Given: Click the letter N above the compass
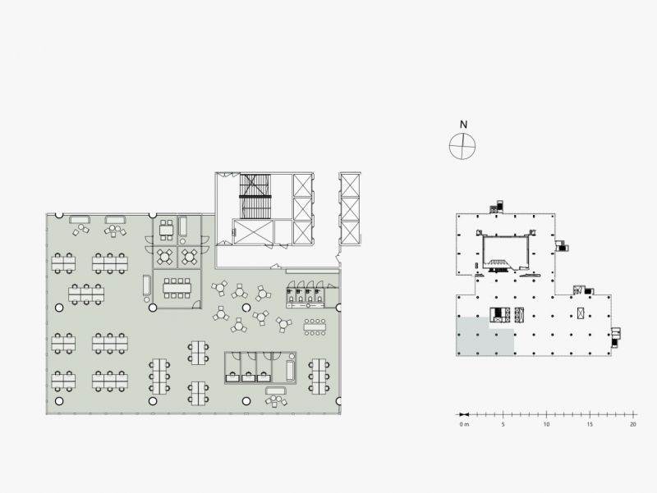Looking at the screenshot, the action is tap(463, 125).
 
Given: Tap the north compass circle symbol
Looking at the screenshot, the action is tap(462, 147).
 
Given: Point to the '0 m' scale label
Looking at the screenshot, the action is tap(464, 424).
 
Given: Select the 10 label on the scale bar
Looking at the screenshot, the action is tap(546, 424).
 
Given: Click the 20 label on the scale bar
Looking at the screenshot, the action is tap(633, 424).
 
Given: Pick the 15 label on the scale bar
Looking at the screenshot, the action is tap(590, 424).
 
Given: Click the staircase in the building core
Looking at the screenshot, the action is tap(255, 196).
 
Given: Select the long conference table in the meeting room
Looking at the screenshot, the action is tap(177, 289).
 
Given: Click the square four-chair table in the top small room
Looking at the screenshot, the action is tap(167, 231).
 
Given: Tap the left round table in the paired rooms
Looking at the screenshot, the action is tap(165, 258).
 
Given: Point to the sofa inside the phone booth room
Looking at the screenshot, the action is tap(290, 371).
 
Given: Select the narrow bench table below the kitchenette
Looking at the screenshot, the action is tap(315, 326).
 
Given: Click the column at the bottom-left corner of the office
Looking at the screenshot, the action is tap(59, 401).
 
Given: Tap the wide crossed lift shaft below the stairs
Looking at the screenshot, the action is tap(253, 231).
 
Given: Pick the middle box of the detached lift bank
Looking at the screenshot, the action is tap(350, 208).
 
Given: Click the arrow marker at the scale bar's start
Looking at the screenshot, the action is tap(464, 415).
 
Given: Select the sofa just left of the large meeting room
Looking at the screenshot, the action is tap(146, 285).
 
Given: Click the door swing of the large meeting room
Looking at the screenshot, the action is tap(195, 305).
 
